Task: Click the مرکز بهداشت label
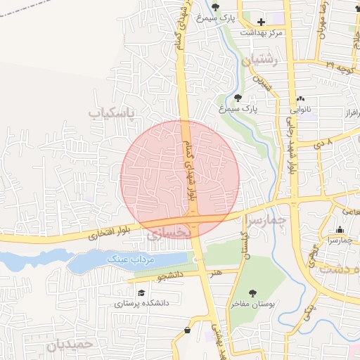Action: point(261,33)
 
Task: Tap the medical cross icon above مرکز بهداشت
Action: point(261,22)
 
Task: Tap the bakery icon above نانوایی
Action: point(302,98)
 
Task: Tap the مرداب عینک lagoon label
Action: point(130,259)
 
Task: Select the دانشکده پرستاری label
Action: point(141,304)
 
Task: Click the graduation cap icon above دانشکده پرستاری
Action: point(141,292)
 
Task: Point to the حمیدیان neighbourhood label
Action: point(70,345)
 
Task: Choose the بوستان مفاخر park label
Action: point(251,304)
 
